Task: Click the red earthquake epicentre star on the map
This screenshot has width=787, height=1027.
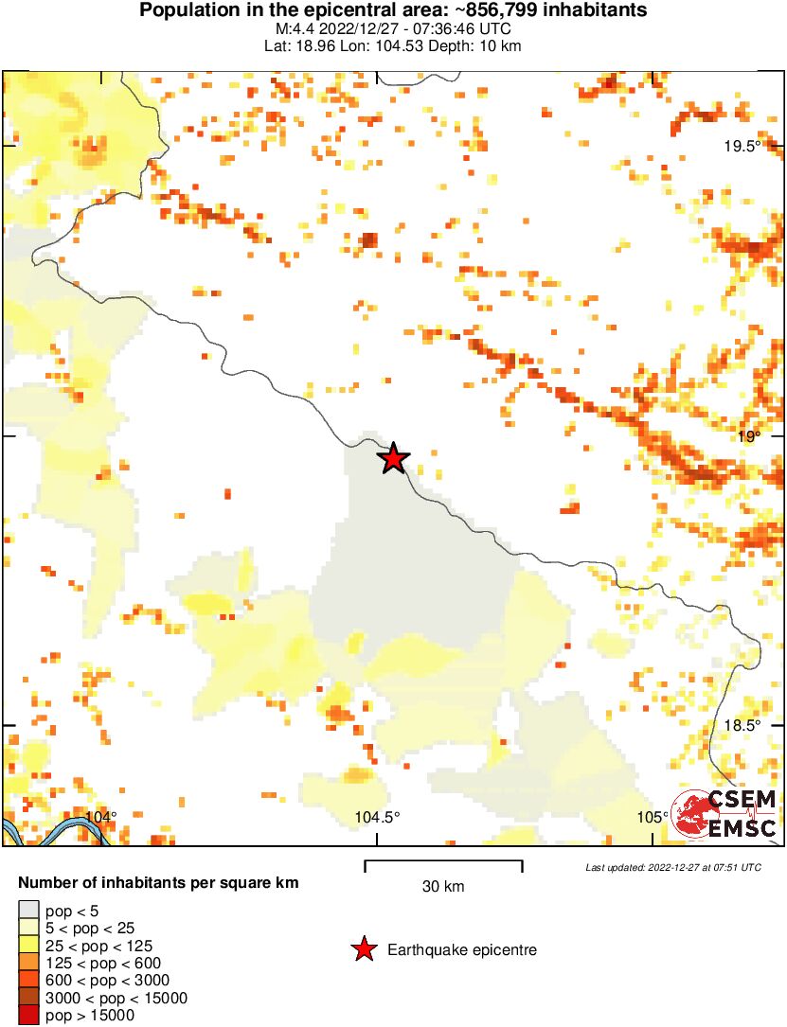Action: coord(393,458)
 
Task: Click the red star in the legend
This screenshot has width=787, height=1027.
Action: coord(363,949)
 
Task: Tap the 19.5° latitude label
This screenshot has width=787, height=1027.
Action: coord(742,146)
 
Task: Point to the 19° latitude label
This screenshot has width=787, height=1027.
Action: coord(749,436)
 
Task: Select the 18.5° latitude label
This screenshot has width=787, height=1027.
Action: coord(742,726)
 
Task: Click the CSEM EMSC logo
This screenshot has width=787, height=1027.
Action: coord(725,813)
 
